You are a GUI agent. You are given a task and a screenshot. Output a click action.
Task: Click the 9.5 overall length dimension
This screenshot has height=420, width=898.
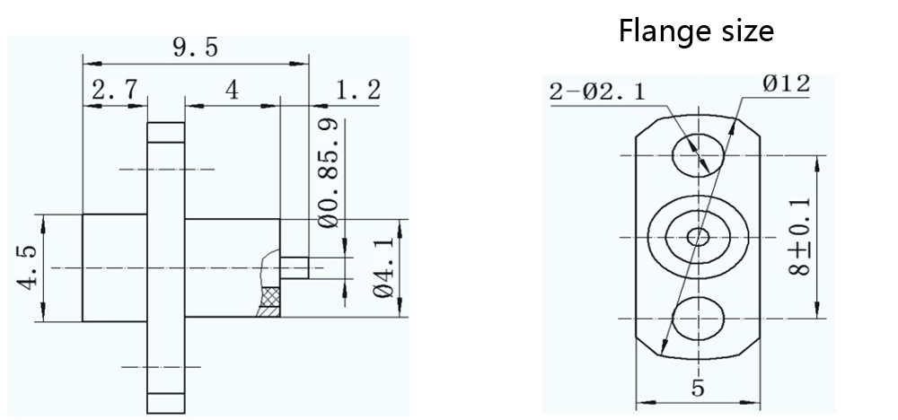point(195,47)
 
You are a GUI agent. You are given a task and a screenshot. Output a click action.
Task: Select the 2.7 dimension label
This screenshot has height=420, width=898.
point(114,90)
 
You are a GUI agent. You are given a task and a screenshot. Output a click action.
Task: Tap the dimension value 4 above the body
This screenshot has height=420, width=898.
point(232,90)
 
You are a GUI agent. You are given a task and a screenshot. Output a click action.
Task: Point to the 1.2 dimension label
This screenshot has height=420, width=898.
point(357,90)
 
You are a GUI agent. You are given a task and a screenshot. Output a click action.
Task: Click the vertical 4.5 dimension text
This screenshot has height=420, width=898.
point(28,267)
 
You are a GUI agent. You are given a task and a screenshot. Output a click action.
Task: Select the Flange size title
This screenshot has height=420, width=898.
point(696,31)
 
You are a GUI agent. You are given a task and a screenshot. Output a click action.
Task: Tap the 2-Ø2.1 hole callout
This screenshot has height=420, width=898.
point(596,91)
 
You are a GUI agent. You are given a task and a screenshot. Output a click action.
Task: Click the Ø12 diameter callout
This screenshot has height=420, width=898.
point(787,84)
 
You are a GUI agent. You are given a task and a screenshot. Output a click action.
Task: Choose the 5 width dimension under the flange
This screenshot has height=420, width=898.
point(698,388)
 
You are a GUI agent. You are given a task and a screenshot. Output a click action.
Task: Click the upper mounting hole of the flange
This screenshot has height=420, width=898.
point(698,155)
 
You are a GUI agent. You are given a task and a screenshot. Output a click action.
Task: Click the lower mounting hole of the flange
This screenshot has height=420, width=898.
point(698,319)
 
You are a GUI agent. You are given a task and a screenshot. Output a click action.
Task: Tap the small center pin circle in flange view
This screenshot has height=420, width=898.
point(698,237)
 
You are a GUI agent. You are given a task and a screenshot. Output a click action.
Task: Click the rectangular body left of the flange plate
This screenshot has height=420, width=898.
point(114,267)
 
